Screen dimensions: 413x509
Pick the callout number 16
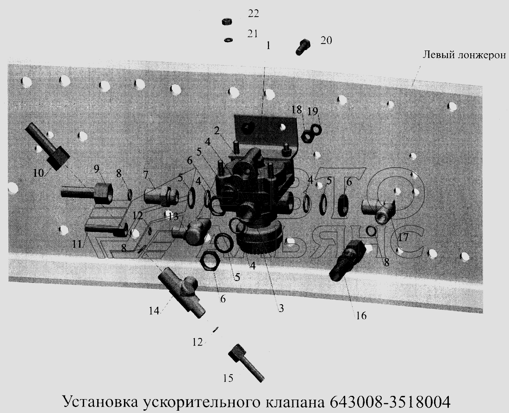point(361,316)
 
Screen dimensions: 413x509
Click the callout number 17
point(403,238)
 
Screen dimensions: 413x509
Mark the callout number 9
point(97,167)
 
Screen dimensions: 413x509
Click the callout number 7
point(145,175)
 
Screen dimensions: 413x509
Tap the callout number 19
point(313,111)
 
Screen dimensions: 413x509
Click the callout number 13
point(173,216)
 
